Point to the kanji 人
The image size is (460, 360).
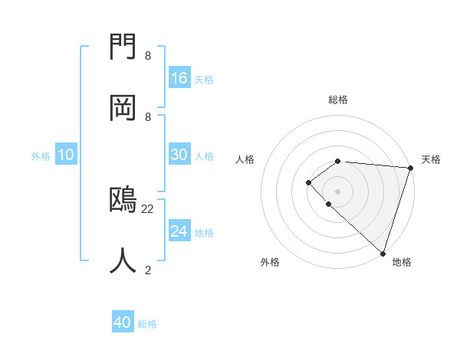click(123, 260)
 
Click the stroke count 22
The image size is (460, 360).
click(148, 208)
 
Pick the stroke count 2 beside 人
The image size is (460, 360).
click(148, 270)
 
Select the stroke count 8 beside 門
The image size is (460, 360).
click(148, 56)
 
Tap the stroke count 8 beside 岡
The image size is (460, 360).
click(148, 116)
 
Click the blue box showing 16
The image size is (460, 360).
click(179, 78)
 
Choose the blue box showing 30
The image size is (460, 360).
click(179, 155)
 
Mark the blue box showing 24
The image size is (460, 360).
click(179, 231)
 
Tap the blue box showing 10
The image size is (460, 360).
click(66, 155)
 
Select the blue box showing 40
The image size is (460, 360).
click(123, 322)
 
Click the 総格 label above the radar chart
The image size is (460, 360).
click(338, 100)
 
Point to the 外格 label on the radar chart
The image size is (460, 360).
click(270, 262)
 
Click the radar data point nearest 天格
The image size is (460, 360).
click(410, 168)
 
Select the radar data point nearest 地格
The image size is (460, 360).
click(383, 253)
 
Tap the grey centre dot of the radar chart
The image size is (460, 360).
click(337, 191)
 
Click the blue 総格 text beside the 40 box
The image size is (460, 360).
click(147, 324)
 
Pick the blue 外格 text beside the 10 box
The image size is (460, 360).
click(41, 156)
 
